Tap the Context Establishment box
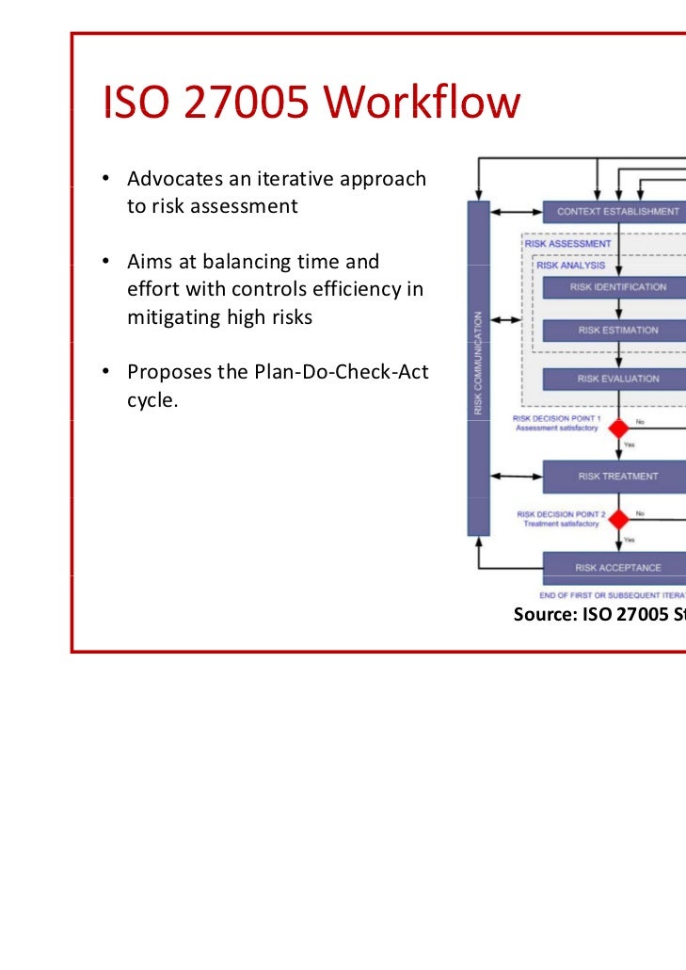coord(616,212)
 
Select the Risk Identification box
coord(616,287)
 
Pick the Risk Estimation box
coord(616,331)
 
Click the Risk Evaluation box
coord(616,379)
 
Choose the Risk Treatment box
coord(616,476)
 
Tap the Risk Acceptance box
coord(616,567)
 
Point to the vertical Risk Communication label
coord(479,363)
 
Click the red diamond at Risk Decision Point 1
coord(618,428)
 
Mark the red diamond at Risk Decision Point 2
coord(618,519)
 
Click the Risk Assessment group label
coord(568,244)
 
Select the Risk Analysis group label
coord(571,266)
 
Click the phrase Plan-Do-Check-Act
coord(342,372)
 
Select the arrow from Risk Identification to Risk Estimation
coord(618,309)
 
